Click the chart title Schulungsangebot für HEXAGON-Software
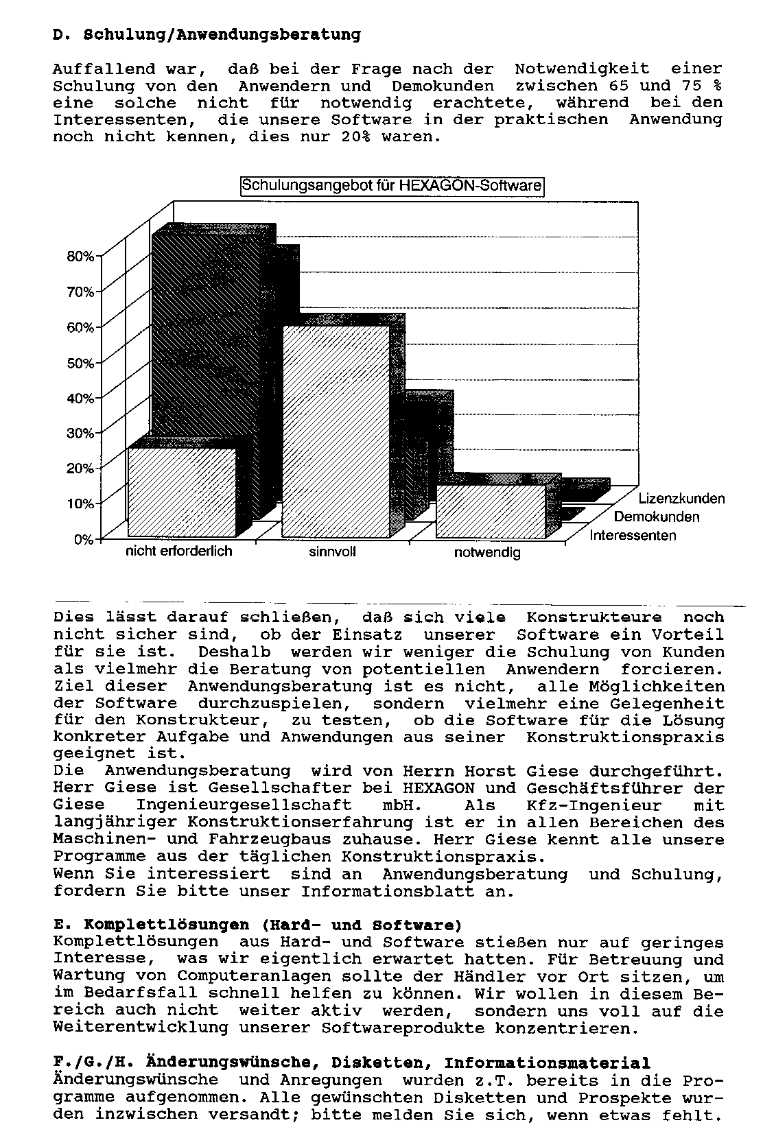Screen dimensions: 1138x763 (x=392, y=186)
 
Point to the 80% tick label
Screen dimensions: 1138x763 (x=80, y=257)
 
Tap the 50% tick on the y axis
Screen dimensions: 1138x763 (x=80, y=363)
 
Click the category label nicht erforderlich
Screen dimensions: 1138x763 (x=178, y=551)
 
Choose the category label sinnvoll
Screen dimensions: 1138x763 (x=332, y=552)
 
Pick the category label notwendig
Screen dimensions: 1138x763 (x=487, y=552)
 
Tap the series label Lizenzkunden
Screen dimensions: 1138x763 (x=681, y=499)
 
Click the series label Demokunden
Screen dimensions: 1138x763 (x=657, y=517)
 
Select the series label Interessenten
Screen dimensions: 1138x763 (x=633, y=536)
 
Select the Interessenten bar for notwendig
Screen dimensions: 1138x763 (x=491, y=511)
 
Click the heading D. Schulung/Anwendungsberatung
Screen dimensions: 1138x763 (x=207, y=34)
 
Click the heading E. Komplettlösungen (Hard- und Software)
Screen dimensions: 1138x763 (x=257, y=925)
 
